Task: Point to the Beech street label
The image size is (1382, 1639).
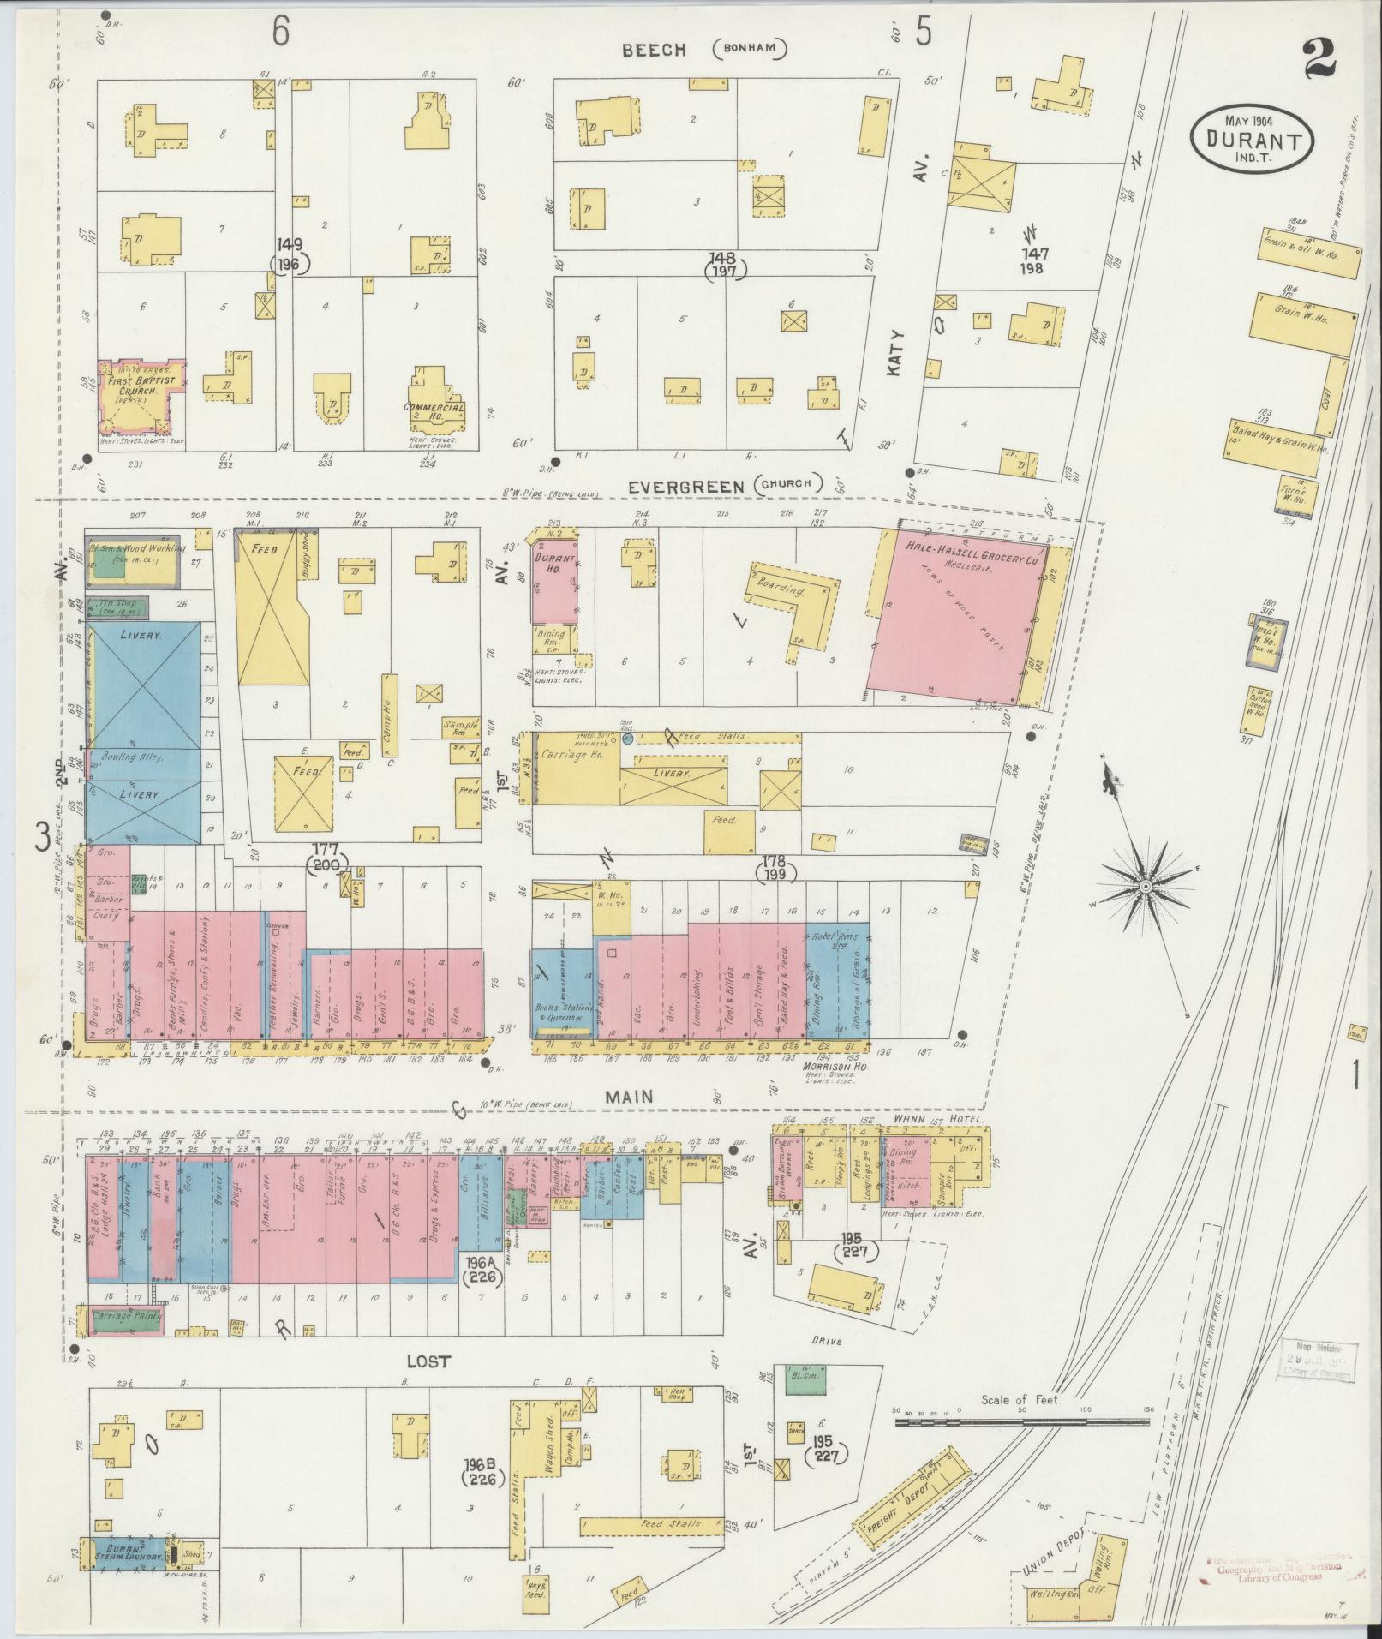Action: (x=654, y=51)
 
